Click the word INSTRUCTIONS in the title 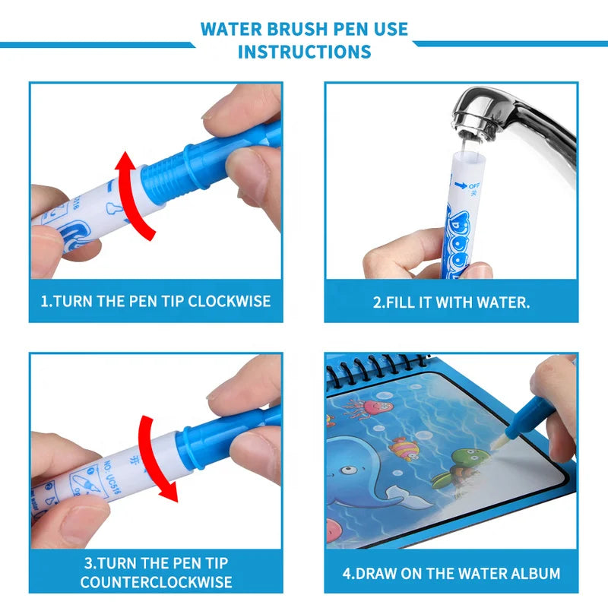coord(304,52)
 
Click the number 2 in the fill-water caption coord(378,302)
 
